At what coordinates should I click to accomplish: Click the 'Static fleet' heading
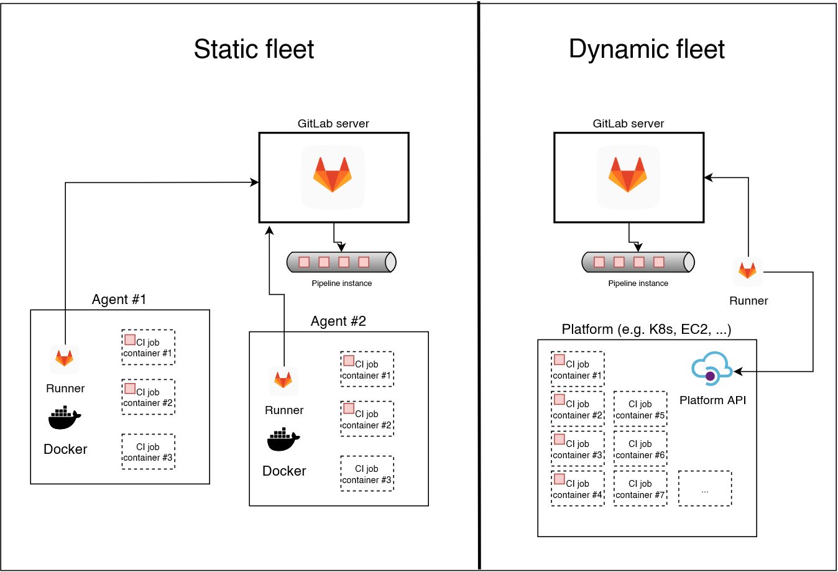(254, 49)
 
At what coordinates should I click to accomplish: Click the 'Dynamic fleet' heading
(647, 49)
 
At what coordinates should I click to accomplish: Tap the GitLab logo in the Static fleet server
(333, 176)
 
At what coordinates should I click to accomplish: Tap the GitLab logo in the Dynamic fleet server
(628, 176)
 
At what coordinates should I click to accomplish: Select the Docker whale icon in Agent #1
(65, 418)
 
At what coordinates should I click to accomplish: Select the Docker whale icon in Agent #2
(283, 440)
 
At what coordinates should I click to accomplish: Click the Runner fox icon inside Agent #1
(65, 359)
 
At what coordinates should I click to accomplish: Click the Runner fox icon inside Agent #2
(283, 381)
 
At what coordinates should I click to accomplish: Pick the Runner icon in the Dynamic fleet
(747, 271)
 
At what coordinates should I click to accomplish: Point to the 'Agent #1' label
(119, 300)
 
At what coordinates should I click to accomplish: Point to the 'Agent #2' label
(338, 321)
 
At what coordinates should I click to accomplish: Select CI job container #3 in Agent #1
(148, 452)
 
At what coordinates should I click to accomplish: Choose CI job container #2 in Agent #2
(367, 419)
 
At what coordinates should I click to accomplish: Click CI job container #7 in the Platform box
(640, 489)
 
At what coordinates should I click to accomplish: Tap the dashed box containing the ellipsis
(705, 489)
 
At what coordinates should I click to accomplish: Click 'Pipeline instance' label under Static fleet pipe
(341, 284)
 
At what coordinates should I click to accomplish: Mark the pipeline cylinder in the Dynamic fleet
(638, 262)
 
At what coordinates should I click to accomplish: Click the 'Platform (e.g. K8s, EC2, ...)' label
(646, 330)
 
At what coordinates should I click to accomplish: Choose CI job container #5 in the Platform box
(640, 409)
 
